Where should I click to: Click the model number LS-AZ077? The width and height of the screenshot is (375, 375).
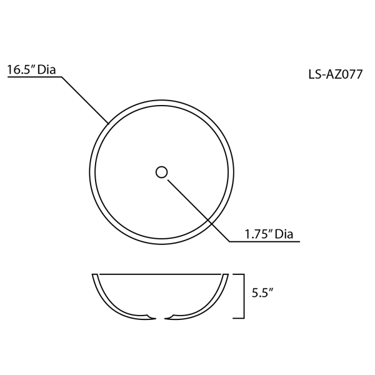pyautogui.click(x=335, y=74)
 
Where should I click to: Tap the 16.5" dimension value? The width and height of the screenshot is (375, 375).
pyautogui.click(x=21, y=70)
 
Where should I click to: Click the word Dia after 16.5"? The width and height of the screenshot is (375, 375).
pyautogui.click(x=47, y=69)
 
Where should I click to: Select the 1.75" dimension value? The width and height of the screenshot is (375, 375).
pyautogui.click(x=258, y=234)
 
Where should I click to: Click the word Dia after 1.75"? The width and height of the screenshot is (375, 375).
pyautogui.click(x=284, y=234)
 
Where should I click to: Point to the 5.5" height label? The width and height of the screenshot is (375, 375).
pyautogui.click(x=262, y=292)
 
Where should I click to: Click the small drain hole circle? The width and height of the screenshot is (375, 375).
pyautogui.click(x=161, y=172)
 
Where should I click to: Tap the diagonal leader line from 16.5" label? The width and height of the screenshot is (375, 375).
pyautogui.click(x=86, y=101)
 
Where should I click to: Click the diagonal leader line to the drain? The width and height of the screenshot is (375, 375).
pyautogui.click(x=199, y=211)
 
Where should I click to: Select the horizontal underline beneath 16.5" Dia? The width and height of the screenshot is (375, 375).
pyautogui.click(x=34, y=77)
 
